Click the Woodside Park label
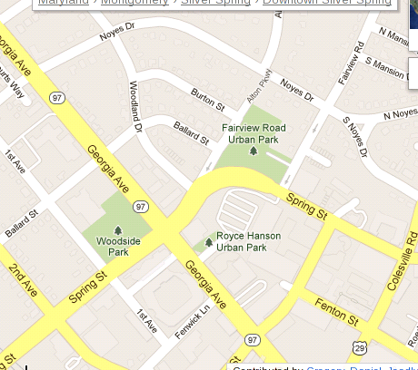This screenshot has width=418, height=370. (118, 247)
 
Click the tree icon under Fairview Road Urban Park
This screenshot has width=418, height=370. (254, 151)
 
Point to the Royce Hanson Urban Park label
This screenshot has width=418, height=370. (248, 241)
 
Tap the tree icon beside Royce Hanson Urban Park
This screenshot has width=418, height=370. (209, 241)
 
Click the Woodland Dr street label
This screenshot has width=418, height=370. (134, 103)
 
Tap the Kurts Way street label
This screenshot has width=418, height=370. (11, 80)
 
